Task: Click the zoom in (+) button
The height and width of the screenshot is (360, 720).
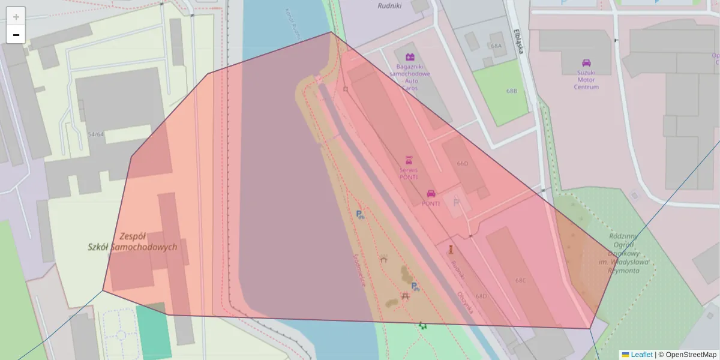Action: pos(16,17)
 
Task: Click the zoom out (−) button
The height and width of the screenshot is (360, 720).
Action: pos(16,35)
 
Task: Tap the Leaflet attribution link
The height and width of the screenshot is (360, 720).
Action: pos(641,355)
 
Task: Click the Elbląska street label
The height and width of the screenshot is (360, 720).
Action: pos(519,41)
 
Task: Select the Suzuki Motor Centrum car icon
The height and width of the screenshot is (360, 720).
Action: pos(586,62)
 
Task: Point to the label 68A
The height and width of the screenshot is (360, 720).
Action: pos(496,46)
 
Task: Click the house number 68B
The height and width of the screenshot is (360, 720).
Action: pos(511,91)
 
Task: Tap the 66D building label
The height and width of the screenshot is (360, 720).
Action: pos(462,163)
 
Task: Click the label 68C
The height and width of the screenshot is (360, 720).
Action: pos(520,280)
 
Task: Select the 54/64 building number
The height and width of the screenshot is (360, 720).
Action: pos(95,134)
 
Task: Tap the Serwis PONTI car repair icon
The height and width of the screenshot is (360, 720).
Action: pos(409,160)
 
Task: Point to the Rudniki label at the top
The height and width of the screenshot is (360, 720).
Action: pos(389,5)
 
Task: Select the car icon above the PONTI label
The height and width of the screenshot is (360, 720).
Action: pos(431,193)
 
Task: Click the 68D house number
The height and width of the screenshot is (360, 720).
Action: pos(481,296)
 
